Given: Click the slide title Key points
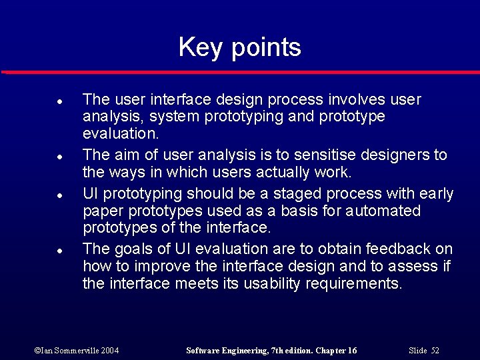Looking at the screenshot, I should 239,47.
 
